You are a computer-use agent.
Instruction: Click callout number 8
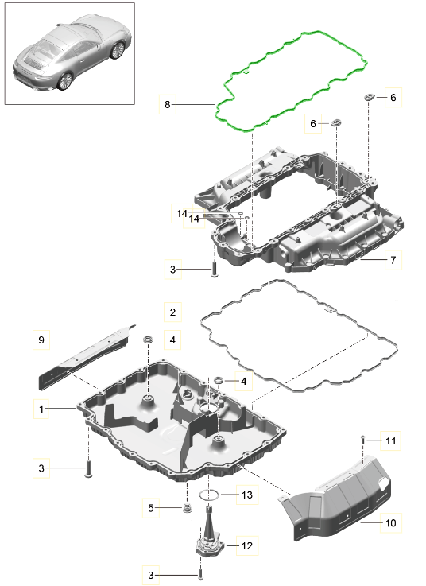(168, 105)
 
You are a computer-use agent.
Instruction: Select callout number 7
(393, 260)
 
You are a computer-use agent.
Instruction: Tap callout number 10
(390, 522)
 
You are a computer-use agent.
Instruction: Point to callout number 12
(247, 545)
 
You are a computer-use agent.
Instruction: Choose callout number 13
(247, 495)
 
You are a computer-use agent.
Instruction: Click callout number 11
(390, 441)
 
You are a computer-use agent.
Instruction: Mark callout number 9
(41, 340)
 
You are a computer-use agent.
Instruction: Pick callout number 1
(41, 409)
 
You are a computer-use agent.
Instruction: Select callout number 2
(172, 312)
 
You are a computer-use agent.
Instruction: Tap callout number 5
(150, 508)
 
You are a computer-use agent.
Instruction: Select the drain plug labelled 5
(188, 508)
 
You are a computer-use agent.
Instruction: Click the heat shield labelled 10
(336, 497)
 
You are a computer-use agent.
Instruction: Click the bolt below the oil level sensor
(200, 575)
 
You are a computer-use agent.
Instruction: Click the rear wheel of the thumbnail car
(65, 81)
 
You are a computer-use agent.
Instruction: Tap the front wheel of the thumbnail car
(118, 50)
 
